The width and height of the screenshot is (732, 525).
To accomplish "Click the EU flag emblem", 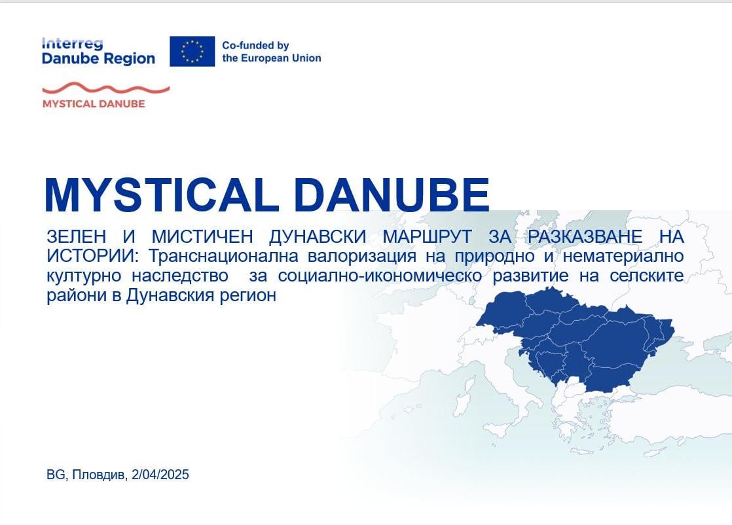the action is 192,51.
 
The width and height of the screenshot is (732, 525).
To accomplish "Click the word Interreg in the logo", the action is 72,43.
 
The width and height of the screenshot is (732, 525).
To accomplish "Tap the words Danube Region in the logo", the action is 98,59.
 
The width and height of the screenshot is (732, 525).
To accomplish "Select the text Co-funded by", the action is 255,45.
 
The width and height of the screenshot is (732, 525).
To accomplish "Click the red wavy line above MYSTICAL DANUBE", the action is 106,88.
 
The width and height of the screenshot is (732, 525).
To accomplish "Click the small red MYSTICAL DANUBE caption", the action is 94,103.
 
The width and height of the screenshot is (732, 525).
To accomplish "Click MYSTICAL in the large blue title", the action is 158,194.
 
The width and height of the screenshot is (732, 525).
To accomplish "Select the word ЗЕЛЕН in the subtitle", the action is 77,236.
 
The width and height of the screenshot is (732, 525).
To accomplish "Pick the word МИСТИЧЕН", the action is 202,236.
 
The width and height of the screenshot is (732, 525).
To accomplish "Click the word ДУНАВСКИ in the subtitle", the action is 318,236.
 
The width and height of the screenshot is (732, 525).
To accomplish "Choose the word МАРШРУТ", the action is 427,236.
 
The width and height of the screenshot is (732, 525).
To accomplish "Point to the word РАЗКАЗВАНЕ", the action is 585,236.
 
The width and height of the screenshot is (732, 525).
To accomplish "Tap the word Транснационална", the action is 224,256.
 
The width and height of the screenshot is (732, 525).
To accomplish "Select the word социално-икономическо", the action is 380,276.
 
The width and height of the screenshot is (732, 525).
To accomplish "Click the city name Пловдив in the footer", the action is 99,475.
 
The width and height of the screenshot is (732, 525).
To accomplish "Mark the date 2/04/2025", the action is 160,475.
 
